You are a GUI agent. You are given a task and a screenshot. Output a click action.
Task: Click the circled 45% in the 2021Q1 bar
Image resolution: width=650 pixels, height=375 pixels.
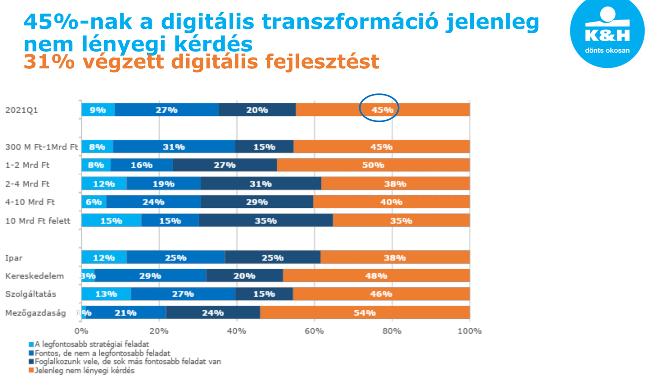tap(379, 110)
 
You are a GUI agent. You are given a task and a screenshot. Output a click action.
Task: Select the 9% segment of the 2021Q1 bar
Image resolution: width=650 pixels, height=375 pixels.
tap(98, 110)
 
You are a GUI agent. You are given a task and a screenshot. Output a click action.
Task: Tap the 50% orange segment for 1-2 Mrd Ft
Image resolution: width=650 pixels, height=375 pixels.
tap(373, 165)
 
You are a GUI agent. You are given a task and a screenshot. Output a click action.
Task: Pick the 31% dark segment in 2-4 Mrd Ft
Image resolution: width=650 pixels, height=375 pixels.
tap(260, 184)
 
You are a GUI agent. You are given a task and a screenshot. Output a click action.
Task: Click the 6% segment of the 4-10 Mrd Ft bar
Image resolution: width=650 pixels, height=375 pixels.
tap(94, 202)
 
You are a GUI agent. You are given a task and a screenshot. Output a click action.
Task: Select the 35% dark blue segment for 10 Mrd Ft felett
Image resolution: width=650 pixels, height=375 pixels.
tap(266, 221)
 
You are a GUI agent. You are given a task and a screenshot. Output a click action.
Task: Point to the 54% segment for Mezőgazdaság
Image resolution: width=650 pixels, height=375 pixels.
tap(365, 312)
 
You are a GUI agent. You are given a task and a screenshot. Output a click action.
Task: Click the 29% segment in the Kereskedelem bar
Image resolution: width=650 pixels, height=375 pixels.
tap(150, 276)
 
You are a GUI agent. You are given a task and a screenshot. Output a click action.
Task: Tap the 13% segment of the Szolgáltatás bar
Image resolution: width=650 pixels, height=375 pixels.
tap(106, 294)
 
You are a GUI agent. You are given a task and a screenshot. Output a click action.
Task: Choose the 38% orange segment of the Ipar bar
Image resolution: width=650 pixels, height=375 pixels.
tap(395, 257)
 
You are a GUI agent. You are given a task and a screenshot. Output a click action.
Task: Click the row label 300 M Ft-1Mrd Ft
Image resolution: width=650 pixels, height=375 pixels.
tap(41, 147)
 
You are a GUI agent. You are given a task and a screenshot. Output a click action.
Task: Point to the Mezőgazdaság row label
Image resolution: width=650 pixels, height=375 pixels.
tap(35, 313)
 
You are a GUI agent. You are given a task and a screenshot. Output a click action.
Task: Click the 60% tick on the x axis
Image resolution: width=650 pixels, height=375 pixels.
tap(314, 331)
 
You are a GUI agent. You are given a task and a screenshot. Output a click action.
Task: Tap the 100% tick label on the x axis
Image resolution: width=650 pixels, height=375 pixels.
tap(469, 331)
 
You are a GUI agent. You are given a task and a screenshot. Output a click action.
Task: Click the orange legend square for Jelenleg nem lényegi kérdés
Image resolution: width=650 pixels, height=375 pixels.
tap(31, 370)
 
